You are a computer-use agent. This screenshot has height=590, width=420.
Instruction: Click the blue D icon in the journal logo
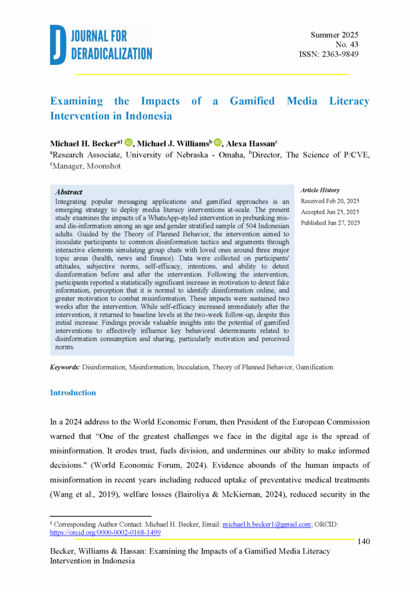(x=58, y=44)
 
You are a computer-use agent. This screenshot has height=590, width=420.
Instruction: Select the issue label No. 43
(x=347, y=45)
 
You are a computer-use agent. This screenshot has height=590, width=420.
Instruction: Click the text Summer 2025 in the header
(x=335, y=35)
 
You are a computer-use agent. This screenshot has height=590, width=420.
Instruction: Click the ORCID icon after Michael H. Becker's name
(x=128, y=142)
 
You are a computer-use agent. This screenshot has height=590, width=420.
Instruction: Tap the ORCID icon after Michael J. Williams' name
(x=217, y=142)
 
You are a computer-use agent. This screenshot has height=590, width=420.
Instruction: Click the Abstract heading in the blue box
(x=69, y=192)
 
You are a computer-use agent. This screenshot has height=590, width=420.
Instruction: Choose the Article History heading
(x=320, y=190)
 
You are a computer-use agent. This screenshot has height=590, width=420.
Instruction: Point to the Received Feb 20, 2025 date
(x=330, y=201)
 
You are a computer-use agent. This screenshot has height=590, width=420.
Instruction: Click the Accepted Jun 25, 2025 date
(x=330, y=212)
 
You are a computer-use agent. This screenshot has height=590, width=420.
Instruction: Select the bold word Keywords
(x=65, y=367)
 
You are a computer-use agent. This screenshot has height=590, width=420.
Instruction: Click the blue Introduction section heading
(x=73, y=393)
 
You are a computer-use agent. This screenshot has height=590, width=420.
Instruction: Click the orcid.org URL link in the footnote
(x=105, y=533)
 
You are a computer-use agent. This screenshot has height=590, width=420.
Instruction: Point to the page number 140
(x=363, y=541)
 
